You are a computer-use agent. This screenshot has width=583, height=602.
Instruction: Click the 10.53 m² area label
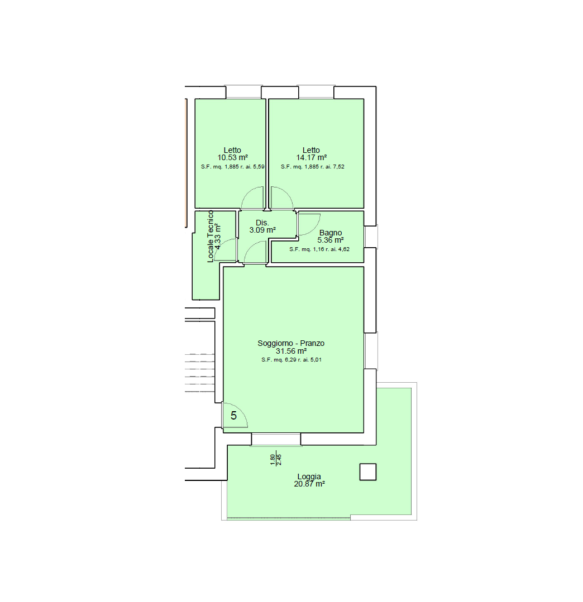click(x=232, y=157)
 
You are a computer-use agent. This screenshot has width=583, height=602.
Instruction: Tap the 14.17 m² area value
click(x=311, y=157)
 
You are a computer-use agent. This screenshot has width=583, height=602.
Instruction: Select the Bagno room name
click(x=331, y=233)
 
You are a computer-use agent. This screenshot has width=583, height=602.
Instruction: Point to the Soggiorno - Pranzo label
click(x=291, y=343)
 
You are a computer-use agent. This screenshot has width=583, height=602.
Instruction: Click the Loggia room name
click(x=309, y=476)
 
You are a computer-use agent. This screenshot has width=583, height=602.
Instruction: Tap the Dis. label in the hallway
click(x=262, y=223)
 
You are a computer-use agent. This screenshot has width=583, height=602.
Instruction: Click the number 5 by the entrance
click(x=233, y=416)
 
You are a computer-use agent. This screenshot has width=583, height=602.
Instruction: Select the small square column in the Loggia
click(x=368, y=472)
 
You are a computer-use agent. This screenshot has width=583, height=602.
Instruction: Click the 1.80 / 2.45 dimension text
click(x=276, y=460)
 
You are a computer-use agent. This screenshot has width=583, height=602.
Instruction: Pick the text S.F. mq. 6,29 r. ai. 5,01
click(x=291, y=360)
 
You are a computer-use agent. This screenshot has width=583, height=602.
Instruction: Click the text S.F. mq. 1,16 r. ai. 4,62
click(x=319, y=249)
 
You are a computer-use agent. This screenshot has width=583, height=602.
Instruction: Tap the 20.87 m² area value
click(x=309, y=484)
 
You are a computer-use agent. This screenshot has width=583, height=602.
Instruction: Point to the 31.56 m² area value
click(x=291, y=351)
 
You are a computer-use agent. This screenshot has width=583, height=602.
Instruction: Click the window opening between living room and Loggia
click(x=276, y=439)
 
